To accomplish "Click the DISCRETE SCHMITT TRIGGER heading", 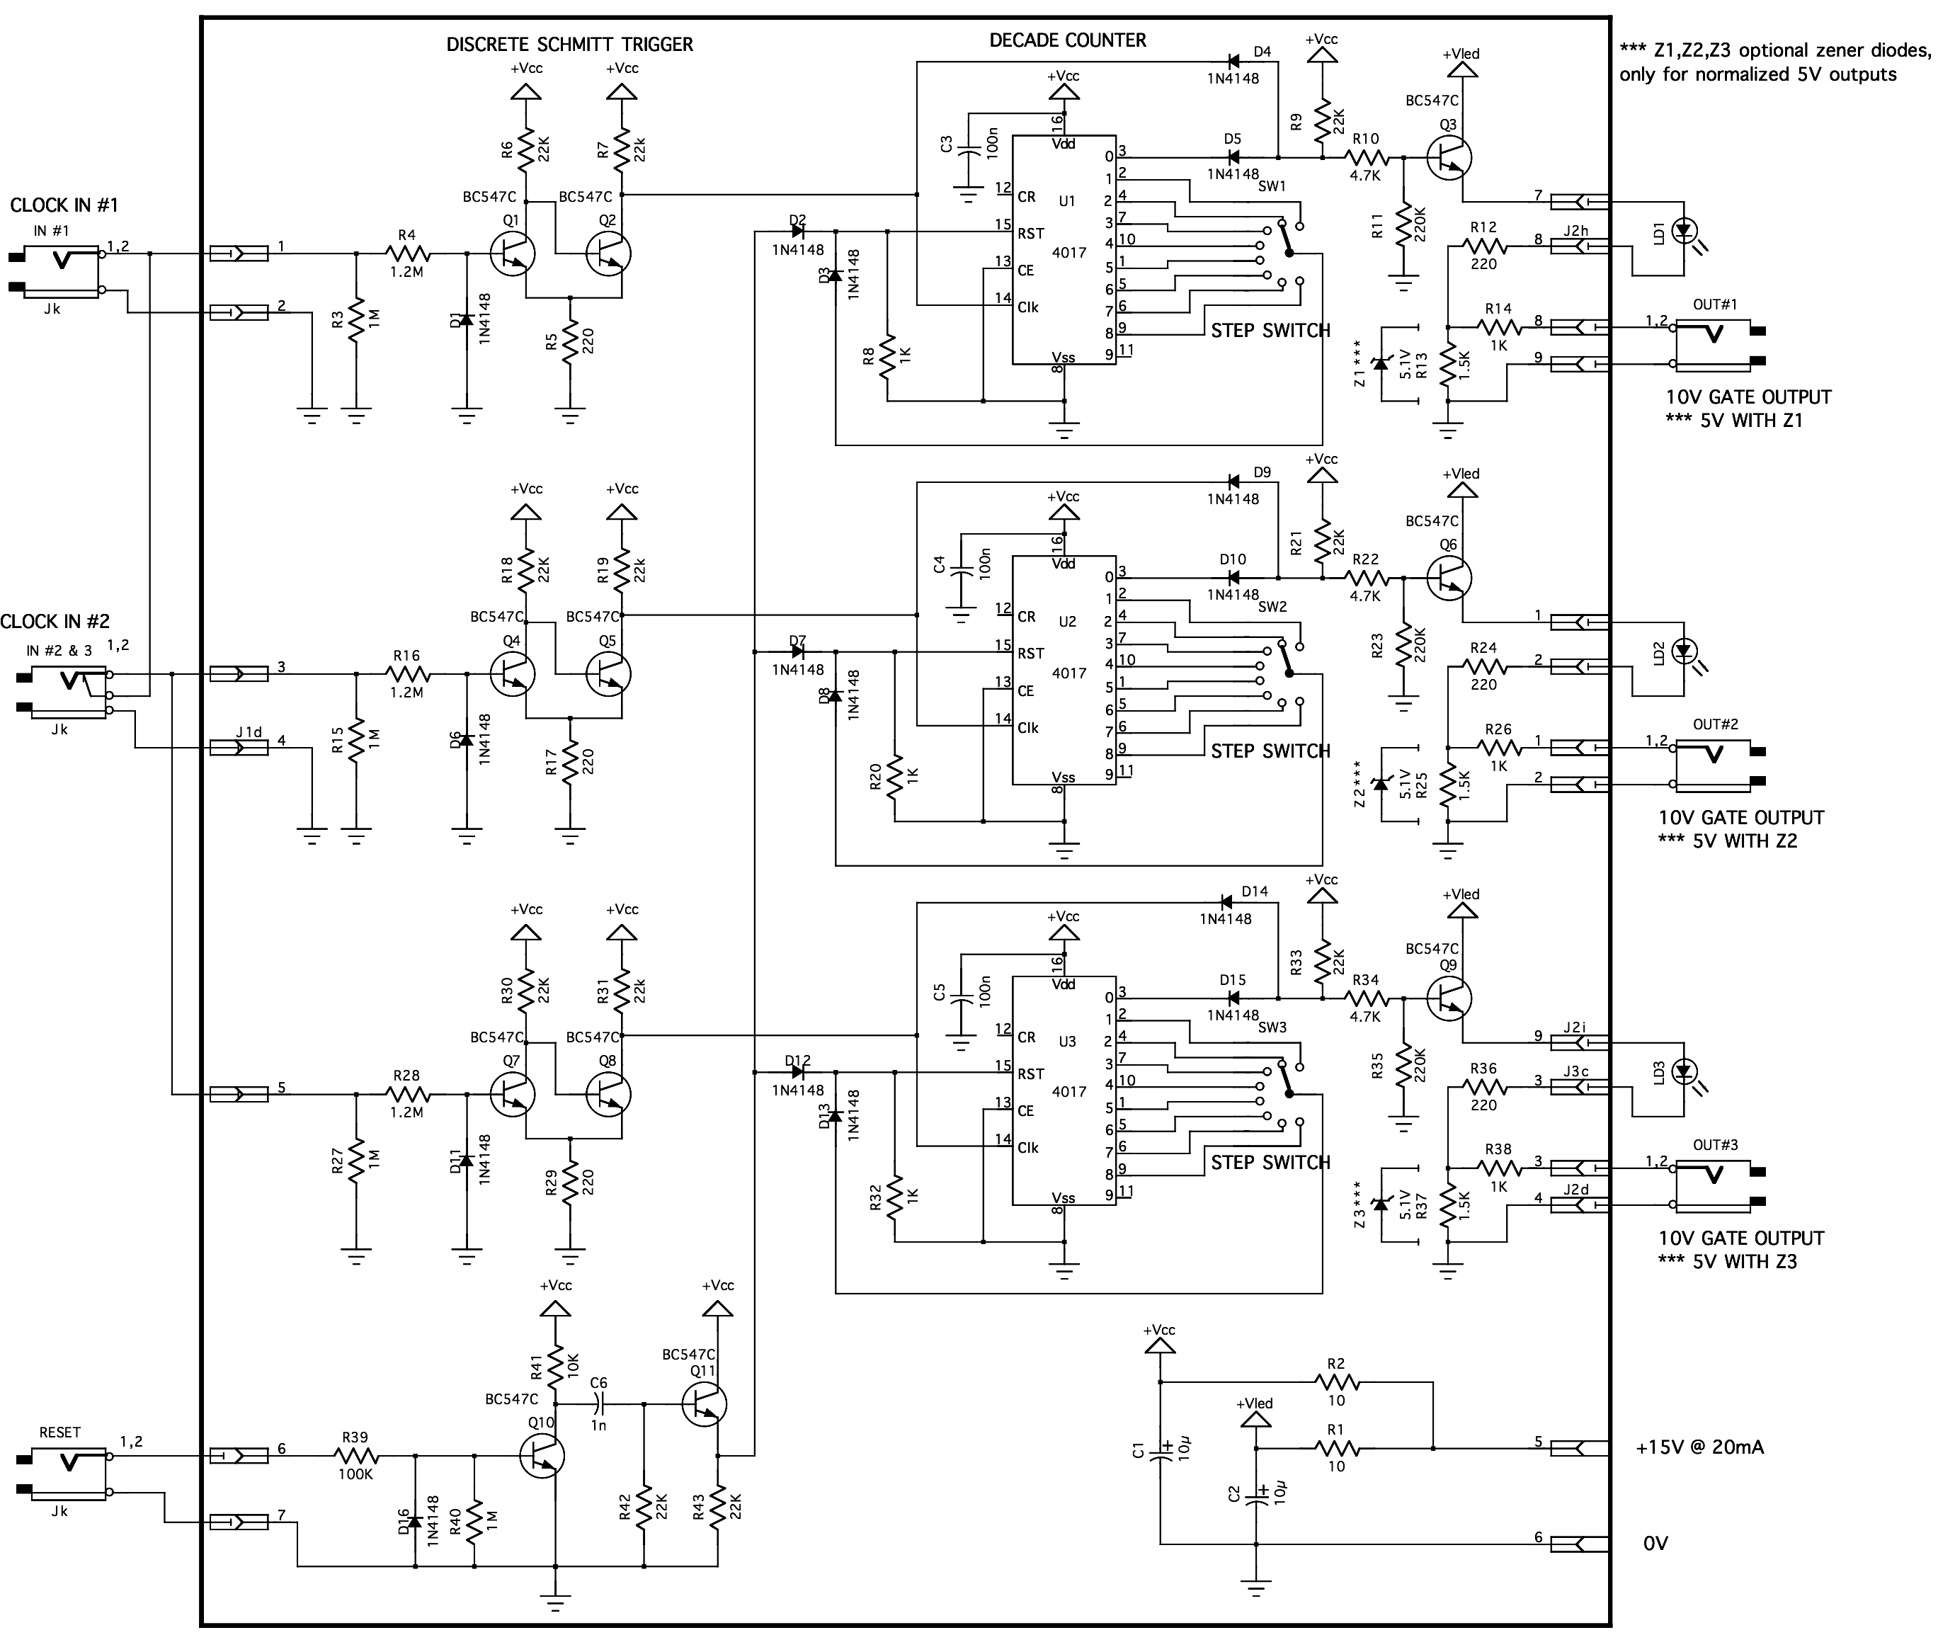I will [569, 45].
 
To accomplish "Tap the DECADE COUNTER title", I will [1067, 40].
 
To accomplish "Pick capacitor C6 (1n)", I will [600, 1404].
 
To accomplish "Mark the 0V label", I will [1655, 1543].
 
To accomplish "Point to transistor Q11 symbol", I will [703, 1404].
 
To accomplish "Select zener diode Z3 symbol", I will [1381, 1203].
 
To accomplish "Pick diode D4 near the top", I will [1233, 62].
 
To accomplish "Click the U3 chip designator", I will [1067, 1041].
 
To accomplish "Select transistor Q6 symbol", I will [1449, 577].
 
